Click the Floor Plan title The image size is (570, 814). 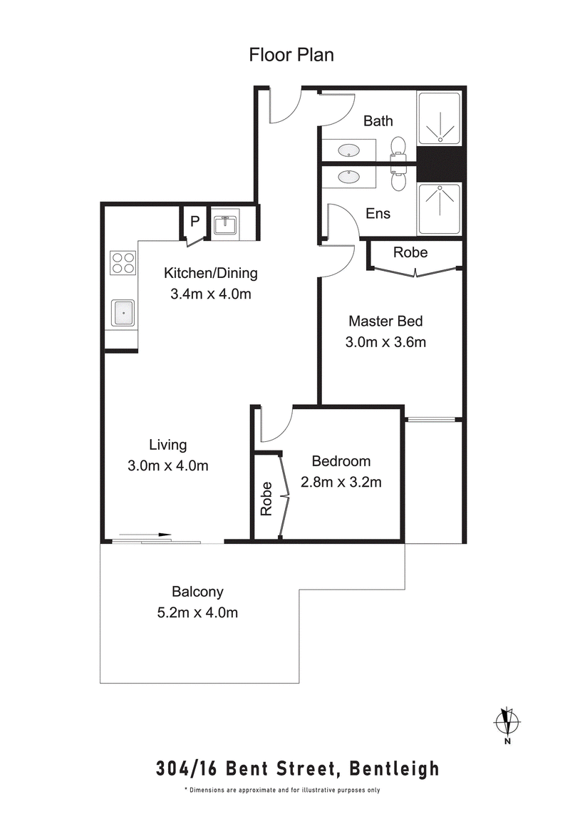tap(291, 55)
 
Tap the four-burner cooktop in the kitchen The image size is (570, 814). tap(123, 263)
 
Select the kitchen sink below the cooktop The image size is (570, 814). tap(123, 311)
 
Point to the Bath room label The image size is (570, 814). tap(378, 120)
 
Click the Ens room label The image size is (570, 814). tap(378, 213)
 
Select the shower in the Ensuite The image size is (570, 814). tap(439, 208)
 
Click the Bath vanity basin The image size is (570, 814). tap(348, 150)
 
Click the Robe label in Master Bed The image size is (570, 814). tap(410, 252)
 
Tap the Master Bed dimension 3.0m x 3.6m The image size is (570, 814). tap(385, 342)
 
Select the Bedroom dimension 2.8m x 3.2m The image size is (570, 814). tap(341, 482)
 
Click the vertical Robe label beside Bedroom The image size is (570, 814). tap(266, 499)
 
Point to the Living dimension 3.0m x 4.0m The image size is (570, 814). tap(167, 466)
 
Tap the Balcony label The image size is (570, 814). tap(197, 592)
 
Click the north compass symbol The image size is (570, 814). tap(507, 721)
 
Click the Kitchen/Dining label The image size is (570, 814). tap(210, 273)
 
